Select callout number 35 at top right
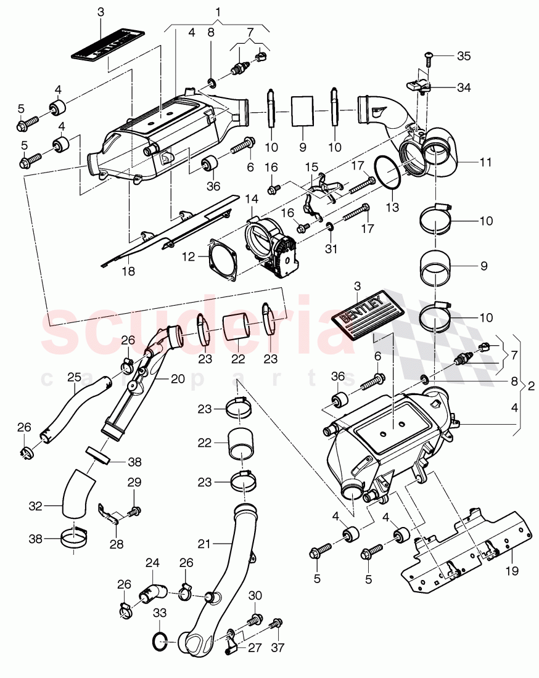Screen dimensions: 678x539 pos(464,56)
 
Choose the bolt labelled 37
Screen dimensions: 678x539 pos(276,623)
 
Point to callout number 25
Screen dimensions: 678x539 pos(74,377)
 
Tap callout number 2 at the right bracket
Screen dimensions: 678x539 pos(532,386)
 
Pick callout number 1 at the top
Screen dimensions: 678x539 pos(217,12)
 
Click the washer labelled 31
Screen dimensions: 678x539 pos(331,229)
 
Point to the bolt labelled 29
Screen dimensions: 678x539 pos(135,511)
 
